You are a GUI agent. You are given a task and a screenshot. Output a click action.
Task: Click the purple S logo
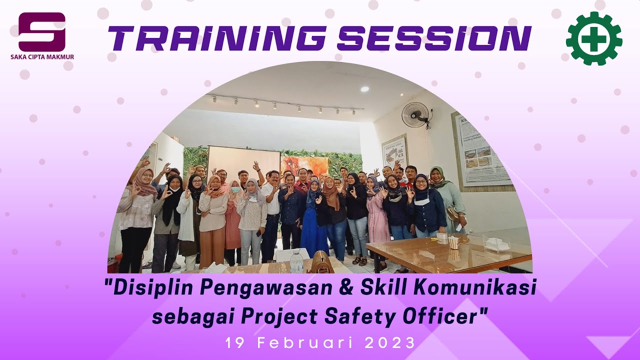(42, 31)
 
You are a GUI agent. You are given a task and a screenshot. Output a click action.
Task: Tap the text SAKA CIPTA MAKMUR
(42, 57)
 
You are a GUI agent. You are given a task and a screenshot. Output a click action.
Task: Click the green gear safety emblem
(594, 38)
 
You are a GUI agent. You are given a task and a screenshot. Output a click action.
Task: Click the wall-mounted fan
(415, 114)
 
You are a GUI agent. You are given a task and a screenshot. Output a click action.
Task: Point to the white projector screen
(243, 160)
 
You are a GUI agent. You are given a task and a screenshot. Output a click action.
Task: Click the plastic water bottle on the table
(296, 261)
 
